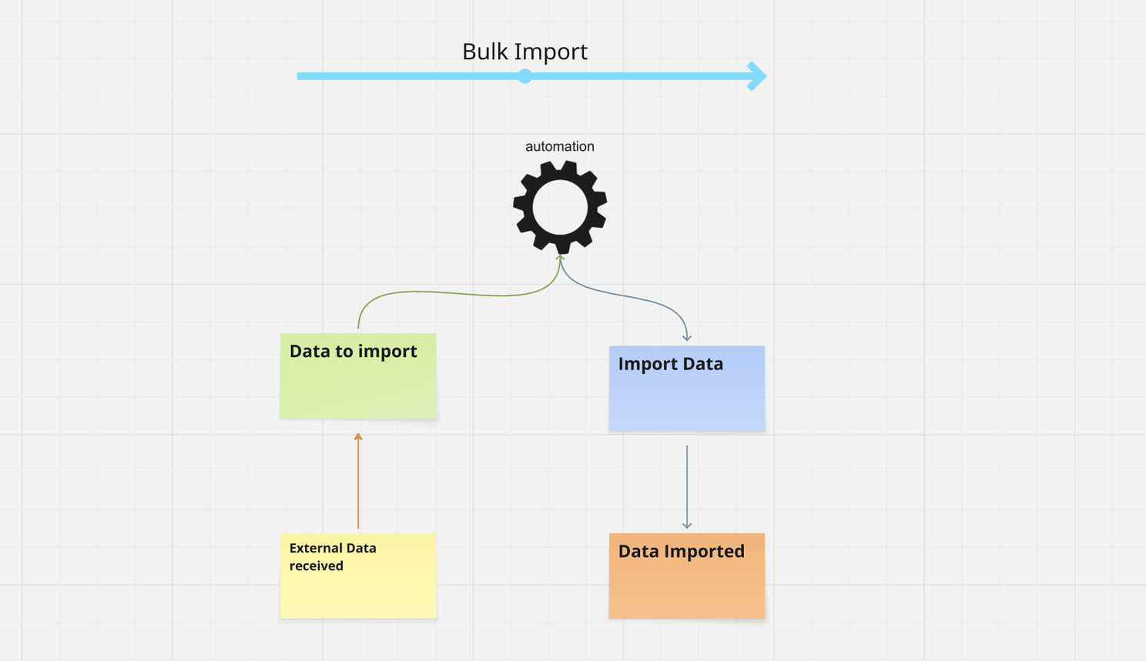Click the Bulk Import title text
tap(524, 52)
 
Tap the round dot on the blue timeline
tap(524, 76)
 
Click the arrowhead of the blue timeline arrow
tap(758, 76)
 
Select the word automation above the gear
tap(559, 146)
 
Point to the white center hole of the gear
tap(560, 208)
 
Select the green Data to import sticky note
tap(358, 385)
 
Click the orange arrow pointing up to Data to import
tap(358, 485)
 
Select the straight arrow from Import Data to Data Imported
tap(687, 485)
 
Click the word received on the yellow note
tap(316, 566)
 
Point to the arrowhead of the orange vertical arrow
tap(358, 436)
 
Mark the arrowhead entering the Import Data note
tap(687, 337)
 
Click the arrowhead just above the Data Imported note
tap(687, 525)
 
